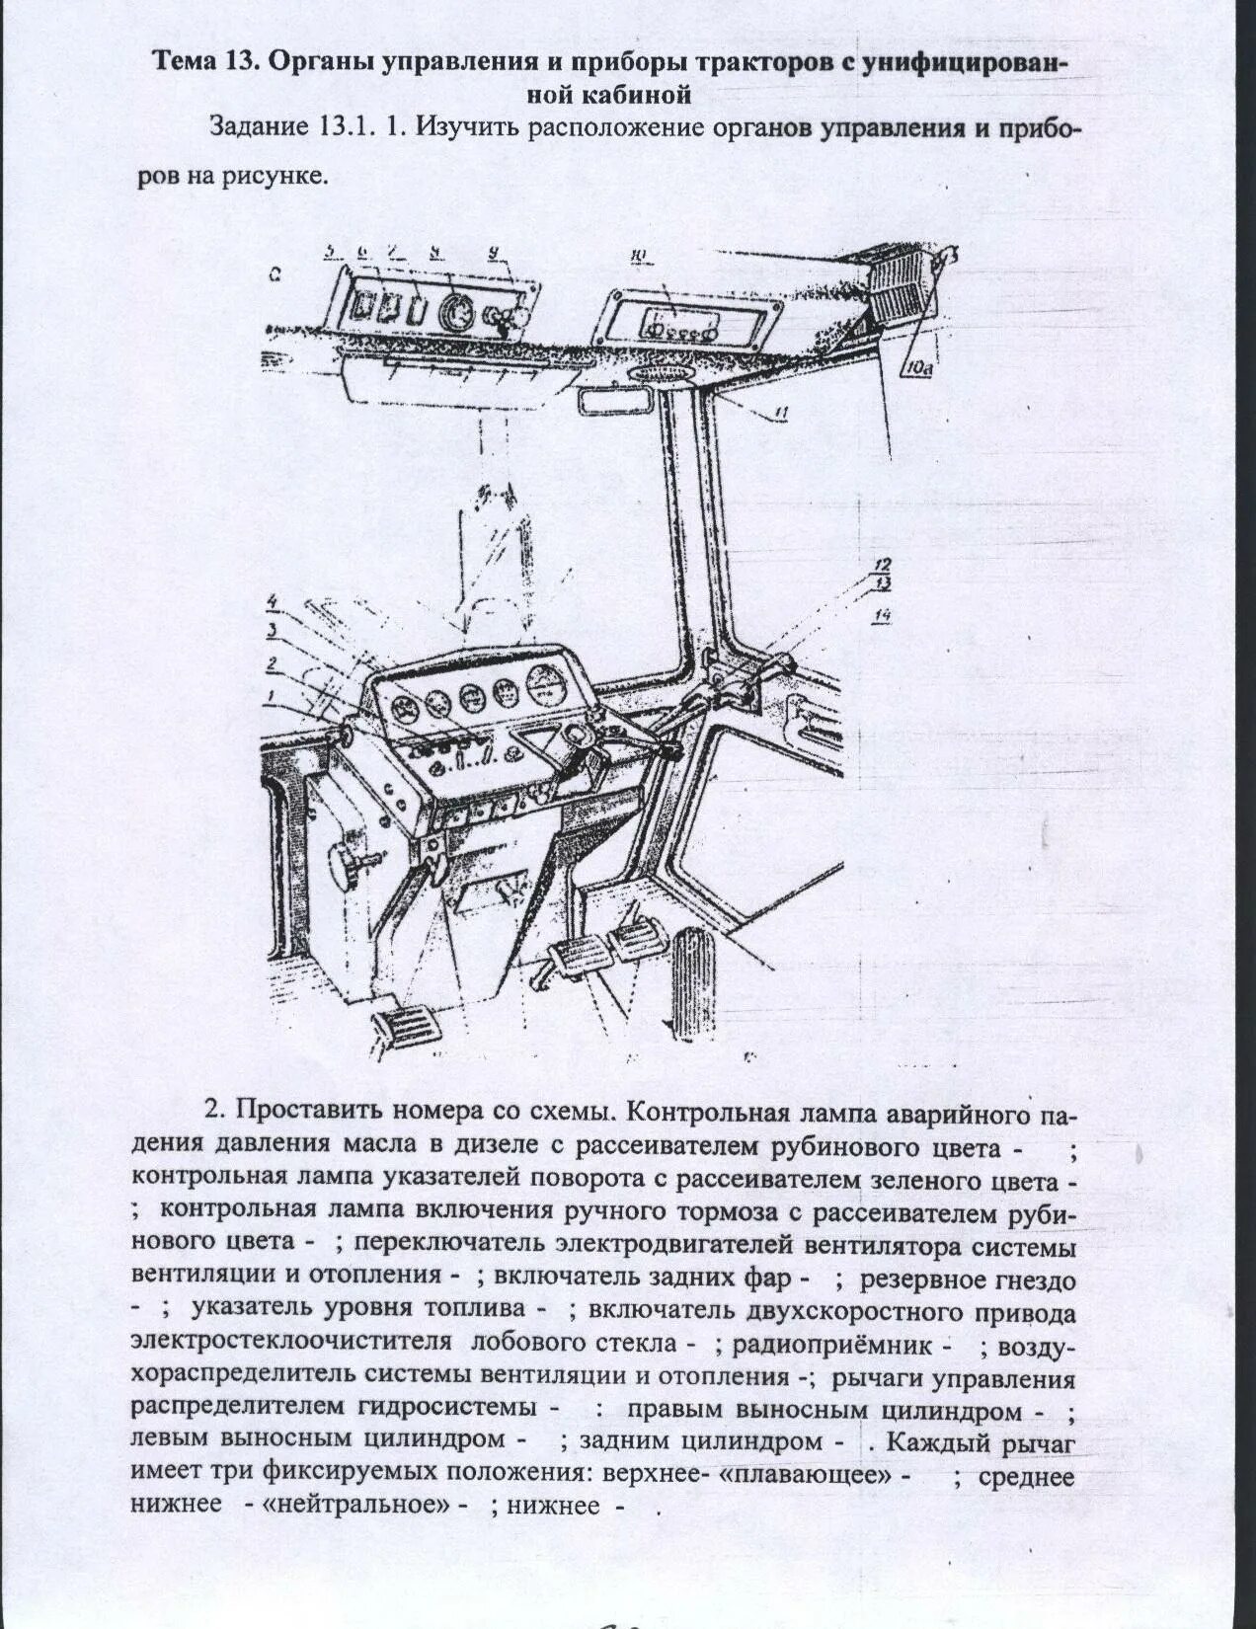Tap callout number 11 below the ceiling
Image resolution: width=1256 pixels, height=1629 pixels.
[779, 416]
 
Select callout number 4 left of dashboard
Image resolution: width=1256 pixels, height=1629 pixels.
[272, 601]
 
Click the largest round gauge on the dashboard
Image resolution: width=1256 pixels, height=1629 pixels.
[546, 684]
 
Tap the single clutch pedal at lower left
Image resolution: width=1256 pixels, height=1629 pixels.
[398, 1031]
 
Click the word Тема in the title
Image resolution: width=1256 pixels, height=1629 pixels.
[186, 62]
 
